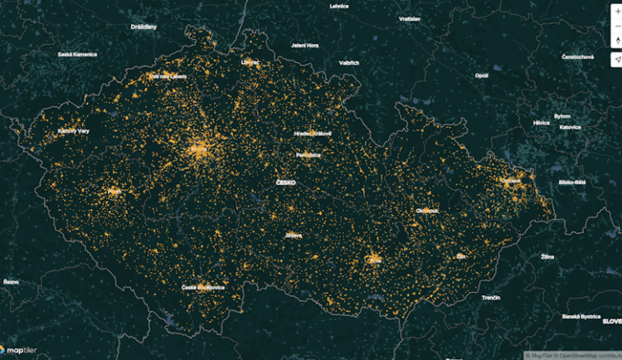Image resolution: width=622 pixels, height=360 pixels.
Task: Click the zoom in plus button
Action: pos(616,12)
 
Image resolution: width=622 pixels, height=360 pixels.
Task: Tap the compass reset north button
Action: pos(616,40)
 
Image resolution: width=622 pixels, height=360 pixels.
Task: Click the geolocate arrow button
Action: pos(616,60)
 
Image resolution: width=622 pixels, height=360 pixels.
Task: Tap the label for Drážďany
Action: pos(143,27)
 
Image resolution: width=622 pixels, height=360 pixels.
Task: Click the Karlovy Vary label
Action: pos(73,130)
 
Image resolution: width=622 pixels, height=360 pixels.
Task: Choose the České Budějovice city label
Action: pos(202,287)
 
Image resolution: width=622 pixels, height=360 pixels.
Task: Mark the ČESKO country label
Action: pos(287,182)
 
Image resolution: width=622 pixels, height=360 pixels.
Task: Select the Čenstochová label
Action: pos(577,56)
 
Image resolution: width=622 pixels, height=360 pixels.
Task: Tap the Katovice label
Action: pos(570,128)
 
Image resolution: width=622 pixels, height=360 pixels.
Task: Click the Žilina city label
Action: pos(547,257)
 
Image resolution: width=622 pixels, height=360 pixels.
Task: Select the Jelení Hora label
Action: pos(305,45)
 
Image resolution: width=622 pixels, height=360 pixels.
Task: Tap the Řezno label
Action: pos(11,282)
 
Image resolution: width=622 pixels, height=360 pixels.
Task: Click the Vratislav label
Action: pos(410,18)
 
